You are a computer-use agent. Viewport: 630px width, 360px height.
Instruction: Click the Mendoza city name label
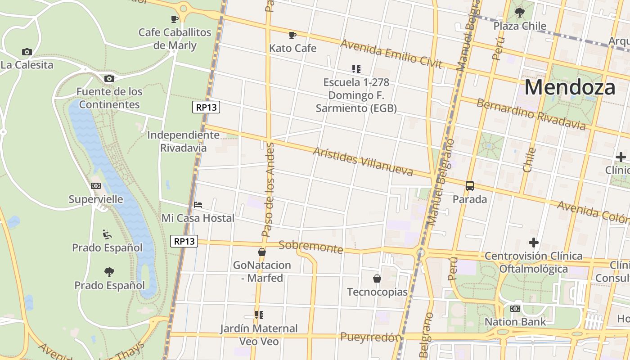tap(570, 87)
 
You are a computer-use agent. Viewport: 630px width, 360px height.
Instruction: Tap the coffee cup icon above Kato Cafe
tap(292, 35)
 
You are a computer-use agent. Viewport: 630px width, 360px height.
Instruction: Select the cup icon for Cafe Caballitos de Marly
tap(175, 19)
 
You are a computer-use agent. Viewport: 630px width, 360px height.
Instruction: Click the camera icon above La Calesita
tap(27, 52)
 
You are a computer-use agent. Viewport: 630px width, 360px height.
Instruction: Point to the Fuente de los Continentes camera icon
tap(109, 79)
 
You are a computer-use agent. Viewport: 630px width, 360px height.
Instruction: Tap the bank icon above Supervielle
tap(95, 186)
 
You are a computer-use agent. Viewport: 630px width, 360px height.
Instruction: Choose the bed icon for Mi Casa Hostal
tap(198, 205)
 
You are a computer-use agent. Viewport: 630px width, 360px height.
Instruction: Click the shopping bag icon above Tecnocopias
tap(377, 279)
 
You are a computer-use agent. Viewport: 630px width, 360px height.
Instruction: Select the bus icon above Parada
tap(470, 185)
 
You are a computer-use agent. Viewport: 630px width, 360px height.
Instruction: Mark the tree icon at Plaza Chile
tap(520, 13)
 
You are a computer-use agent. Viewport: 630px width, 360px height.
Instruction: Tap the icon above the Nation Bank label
tap(515, 309)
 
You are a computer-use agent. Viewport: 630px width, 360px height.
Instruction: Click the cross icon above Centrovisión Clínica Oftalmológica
tap(534, 243)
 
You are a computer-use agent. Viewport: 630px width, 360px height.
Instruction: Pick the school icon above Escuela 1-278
tap(356, 69)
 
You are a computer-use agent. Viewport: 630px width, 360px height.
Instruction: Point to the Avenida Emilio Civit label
tap(391, 54)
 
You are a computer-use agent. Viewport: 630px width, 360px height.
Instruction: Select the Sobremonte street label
tap(310, 247)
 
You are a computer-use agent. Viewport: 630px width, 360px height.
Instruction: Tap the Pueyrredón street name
tap(370, 337)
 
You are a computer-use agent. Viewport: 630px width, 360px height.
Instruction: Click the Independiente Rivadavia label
tap(183, 141)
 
